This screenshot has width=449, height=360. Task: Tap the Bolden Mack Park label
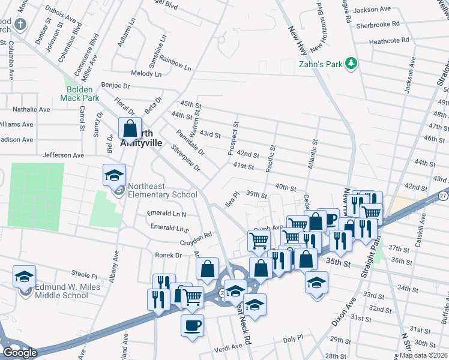point(79,94)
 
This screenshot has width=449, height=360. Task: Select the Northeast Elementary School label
point(160,195)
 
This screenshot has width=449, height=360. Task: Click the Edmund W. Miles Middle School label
point(61,291)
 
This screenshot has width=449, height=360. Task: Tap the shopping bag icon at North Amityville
point(129,128)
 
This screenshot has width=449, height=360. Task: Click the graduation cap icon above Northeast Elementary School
point(113,175)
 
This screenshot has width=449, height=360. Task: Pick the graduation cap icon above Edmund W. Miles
point(24,276)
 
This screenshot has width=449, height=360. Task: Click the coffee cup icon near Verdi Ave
point(192,326)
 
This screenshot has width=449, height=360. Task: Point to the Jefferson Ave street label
point(63,155)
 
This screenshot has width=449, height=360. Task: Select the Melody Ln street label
point(147,74)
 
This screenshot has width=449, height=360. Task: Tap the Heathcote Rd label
point(389,41)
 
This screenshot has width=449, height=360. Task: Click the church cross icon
point(20,25)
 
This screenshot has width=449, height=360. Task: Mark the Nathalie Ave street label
point(31,110)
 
